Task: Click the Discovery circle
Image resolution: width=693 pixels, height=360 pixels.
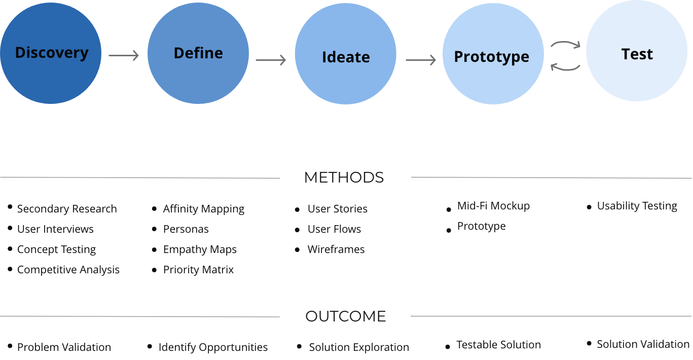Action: tap(51, 53)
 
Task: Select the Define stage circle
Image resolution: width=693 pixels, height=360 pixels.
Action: tap(198, 53)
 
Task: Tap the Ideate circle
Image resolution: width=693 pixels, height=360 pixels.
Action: tap(346, 54)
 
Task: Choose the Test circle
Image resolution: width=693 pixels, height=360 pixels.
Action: tap(637, 51)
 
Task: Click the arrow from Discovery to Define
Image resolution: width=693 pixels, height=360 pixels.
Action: tap(124, 56)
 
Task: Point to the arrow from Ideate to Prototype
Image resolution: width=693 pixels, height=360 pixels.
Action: tap(420, 61)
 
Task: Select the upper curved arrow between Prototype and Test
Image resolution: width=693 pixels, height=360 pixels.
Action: tap(565, 45)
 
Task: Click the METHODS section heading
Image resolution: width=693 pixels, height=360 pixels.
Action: tap(344, 177)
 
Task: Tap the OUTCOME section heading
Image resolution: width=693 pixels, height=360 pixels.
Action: tap(345, 316)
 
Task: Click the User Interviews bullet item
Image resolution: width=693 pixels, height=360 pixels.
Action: tap(55, 229)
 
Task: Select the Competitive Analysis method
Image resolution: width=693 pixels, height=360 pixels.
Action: tap(68, 270)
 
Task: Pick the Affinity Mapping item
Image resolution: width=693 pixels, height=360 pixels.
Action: tap(203, 209)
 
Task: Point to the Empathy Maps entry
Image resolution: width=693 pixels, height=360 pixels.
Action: tap(200, 249)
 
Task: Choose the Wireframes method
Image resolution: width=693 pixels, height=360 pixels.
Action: tap(336, 249)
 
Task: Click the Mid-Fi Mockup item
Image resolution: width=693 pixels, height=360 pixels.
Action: tap(493, 206)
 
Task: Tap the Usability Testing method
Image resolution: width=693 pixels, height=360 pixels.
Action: tap(637, 206)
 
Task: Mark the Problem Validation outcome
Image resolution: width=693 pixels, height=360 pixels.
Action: tap(64, 347)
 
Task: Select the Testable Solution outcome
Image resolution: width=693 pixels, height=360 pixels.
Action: tap(498, 345)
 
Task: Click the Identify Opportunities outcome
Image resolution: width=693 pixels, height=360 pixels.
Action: tap(213, 347)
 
